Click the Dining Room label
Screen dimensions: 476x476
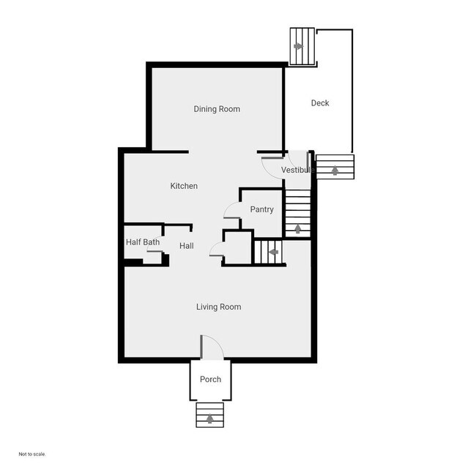(x=217, y=109)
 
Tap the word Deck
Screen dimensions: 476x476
(x=320, y=103)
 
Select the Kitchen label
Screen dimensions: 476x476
(x=184, y=186)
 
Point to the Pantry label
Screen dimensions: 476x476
(x=261, y=209)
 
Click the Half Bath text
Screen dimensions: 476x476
(x=143, y=242)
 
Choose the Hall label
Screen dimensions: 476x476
(x=186, y=246)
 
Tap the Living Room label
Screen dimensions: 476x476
(x=218, y=307)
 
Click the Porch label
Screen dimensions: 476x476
(x=210, y=379)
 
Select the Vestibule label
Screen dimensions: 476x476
(x=298, y=170)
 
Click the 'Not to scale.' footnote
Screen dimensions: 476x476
(x=32, y=454)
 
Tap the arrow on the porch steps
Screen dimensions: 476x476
(x=210, y=419)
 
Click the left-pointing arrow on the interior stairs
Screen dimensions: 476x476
(x=273, y=252)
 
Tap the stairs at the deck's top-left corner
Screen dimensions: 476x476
(x=302, y=46)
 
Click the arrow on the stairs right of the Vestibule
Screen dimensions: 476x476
(x=335, y=170)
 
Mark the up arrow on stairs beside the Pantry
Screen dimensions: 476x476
(x=298, y=228)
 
